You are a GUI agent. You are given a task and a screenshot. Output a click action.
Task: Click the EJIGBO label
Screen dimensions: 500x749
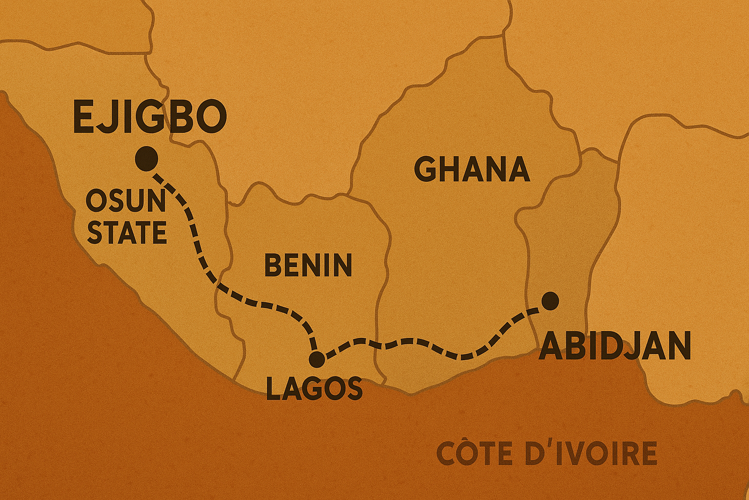coord(150,118)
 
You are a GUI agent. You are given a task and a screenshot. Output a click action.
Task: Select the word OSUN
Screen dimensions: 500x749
coord(126,201)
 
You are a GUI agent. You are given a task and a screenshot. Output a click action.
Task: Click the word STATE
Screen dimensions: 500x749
coord(127,232)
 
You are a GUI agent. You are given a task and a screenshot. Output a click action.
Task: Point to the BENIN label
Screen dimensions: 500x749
coord(308,265)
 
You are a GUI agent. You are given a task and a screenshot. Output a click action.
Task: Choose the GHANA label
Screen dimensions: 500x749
coord(472,169)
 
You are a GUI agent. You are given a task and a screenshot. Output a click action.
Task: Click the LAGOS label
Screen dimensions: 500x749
coord(314,389)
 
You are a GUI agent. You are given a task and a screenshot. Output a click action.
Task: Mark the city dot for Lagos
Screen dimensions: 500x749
coord(317,359)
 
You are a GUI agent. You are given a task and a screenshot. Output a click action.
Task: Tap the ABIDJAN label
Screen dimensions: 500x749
coord(614,346)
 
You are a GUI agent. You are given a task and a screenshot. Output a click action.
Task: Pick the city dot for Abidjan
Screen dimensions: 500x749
coord(550,300)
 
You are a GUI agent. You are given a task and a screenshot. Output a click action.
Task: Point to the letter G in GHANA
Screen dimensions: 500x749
coord(425,169)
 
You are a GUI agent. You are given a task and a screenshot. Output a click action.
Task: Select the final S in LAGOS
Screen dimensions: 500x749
coord(354,389)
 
